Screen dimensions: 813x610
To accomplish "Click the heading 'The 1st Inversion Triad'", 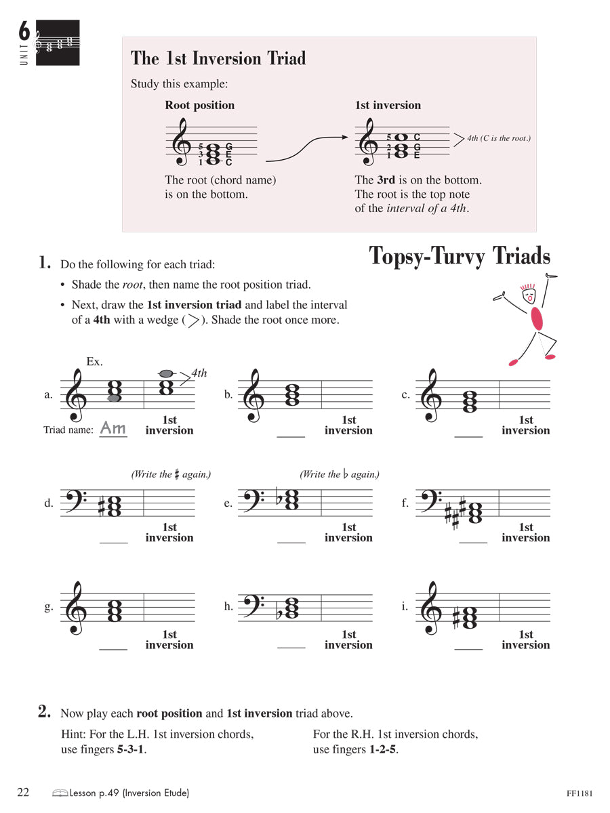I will point(218,59).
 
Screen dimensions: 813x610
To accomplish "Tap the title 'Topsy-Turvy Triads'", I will point(459,256).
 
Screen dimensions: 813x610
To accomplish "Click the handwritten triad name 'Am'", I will point(113,428).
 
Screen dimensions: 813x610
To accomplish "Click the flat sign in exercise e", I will point(278,500).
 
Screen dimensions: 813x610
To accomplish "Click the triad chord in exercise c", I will point(469,402).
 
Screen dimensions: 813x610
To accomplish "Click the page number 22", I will point(23,792).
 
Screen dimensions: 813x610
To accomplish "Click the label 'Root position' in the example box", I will point(199,105).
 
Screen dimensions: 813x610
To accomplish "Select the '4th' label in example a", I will point(199,373).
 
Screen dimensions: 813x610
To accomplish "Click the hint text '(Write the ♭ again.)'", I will point(339,474).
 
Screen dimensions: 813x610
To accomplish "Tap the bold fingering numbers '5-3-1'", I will point(132,749).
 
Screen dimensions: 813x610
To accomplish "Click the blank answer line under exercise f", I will point(473,543).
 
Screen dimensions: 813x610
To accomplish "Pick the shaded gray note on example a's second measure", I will point(165,373).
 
